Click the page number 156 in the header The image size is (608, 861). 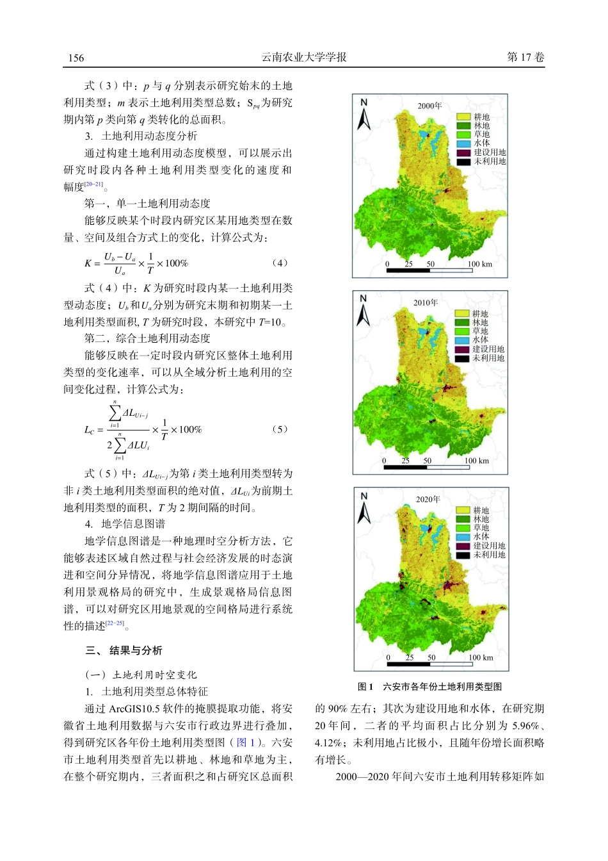(x=76, y=58)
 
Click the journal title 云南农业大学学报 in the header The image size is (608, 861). (x=304, y=57)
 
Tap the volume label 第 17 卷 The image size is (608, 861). (x=525, y=57)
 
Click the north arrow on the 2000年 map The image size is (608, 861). (x=364, y=115)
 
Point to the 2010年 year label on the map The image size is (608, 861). (x=426, y=302)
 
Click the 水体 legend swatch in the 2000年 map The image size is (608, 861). (x=463, y=143)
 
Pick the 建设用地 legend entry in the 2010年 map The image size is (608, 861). (x=488, y=349)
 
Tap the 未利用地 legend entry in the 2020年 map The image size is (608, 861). (x=489, y=555)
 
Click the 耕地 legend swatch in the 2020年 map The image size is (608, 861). (x=463, y=511)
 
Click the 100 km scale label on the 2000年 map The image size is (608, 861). (x=479, y=264)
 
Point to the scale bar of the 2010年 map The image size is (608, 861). (x=427, y=468)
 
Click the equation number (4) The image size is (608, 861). (x=280, y=263)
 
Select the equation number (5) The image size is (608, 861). (x=280, y=429)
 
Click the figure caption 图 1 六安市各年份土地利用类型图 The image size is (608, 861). (x=429, y=687)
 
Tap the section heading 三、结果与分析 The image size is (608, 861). (x=124, y=651)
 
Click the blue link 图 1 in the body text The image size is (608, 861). (x=245, y=742)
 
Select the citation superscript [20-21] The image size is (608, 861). (x=93, y=184)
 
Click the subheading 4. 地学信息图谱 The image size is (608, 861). (x=125, y=524)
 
